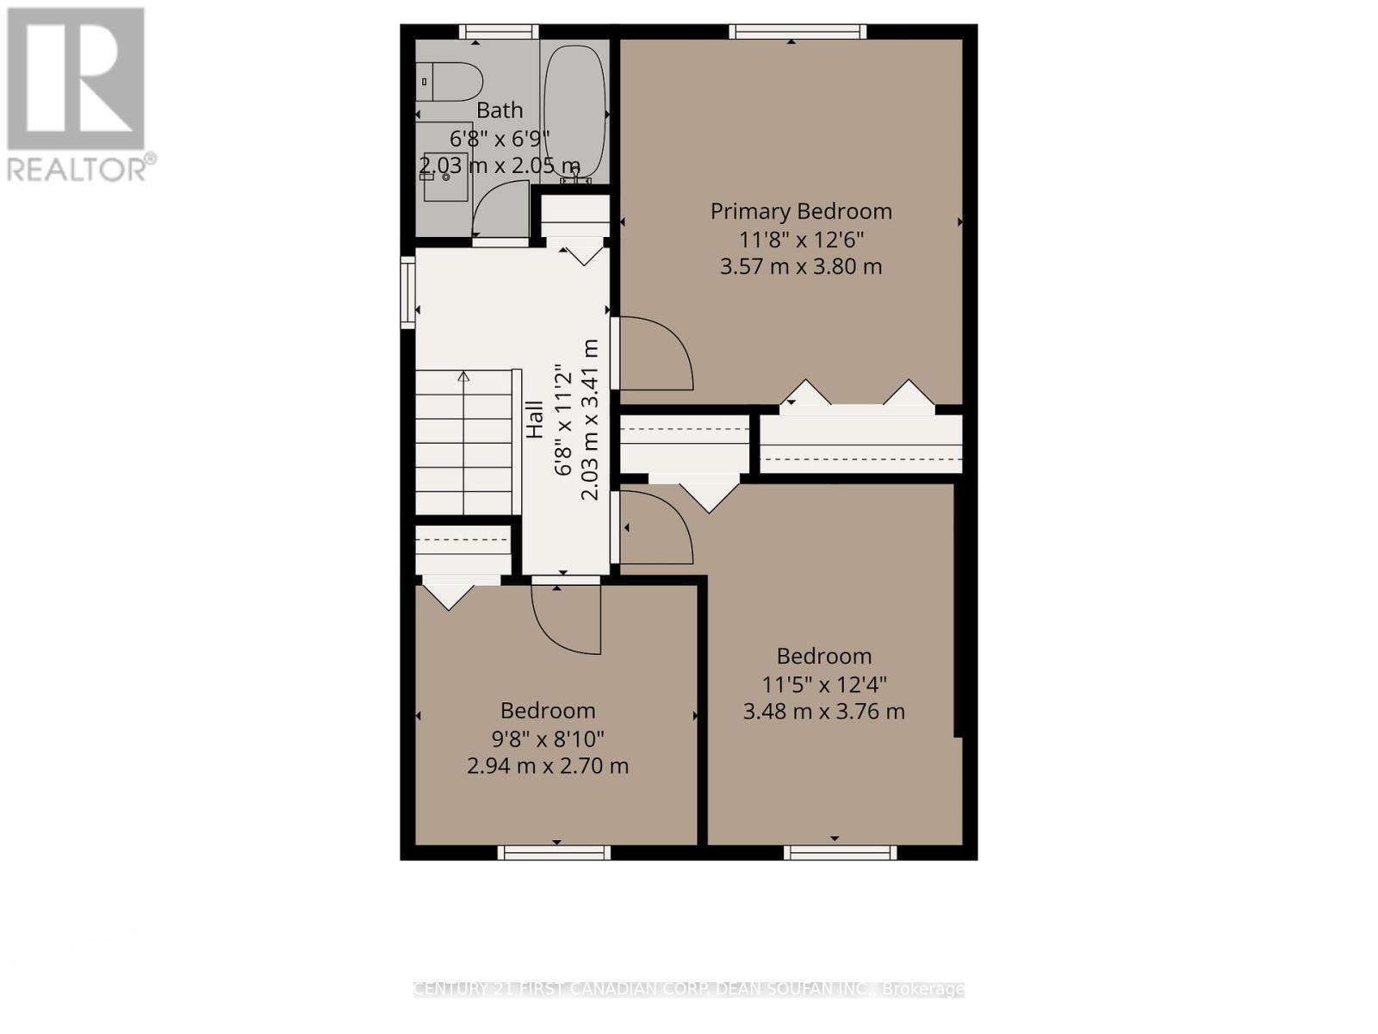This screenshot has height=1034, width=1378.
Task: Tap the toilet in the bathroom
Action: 451,82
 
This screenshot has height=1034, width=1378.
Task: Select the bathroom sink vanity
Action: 444,172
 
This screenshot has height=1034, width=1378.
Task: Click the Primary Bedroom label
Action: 800,211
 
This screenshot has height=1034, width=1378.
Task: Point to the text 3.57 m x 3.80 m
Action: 800,266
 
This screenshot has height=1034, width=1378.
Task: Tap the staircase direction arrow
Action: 463,377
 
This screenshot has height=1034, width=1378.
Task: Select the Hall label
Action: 535,420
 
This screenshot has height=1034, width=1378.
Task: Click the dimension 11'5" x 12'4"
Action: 823,684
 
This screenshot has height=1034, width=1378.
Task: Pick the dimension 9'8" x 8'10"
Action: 548,738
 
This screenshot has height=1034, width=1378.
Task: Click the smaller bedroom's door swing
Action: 565,616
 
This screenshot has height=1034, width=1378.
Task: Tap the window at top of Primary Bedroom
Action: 798,32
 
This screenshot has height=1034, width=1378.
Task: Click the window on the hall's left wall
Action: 407,292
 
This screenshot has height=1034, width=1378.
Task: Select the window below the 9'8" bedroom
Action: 554,853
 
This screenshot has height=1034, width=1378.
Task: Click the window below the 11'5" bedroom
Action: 840,853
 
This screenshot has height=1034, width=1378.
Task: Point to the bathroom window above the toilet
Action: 499,32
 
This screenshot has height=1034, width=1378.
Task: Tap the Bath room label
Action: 500,110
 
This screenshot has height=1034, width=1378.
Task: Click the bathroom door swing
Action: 501,210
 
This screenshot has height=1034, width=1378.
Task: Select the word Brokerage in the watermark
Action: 924,989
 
